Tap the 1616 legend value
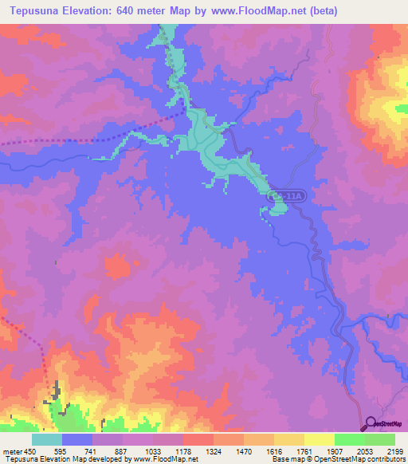click(275, 451)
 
